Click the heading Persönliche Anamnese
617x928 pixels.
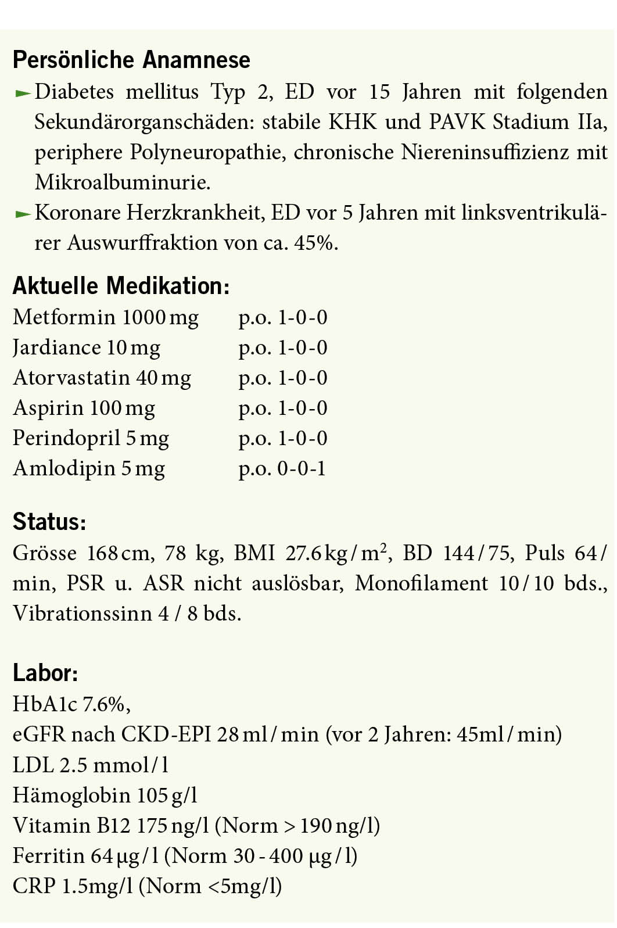(131, 60)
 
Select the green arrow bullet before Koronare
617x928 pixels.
(22, 214)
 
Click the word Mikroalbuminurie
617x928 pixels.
(123, 182)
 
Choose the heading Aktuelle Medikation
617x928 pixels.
(121, 286)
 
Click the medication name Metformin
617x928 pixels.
(64, 317)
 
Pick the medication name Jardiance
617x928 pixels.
(57, 347)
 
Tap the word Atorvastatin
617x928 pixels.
(71, 378)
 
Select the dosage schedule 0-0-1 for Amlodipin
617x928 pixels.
(302, 468)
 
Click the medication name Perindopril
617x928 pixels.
(66, 438)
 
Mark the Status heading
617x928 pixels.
(49, 522)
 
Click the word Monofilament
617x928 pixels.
(421, 583)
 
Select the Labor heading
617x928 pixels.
(45, 673)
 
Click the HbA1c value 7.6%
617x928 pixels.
(104, 704)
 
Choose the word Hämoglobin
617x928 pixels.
(71, 795)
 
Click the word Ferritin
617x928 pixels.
(49, 855)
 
